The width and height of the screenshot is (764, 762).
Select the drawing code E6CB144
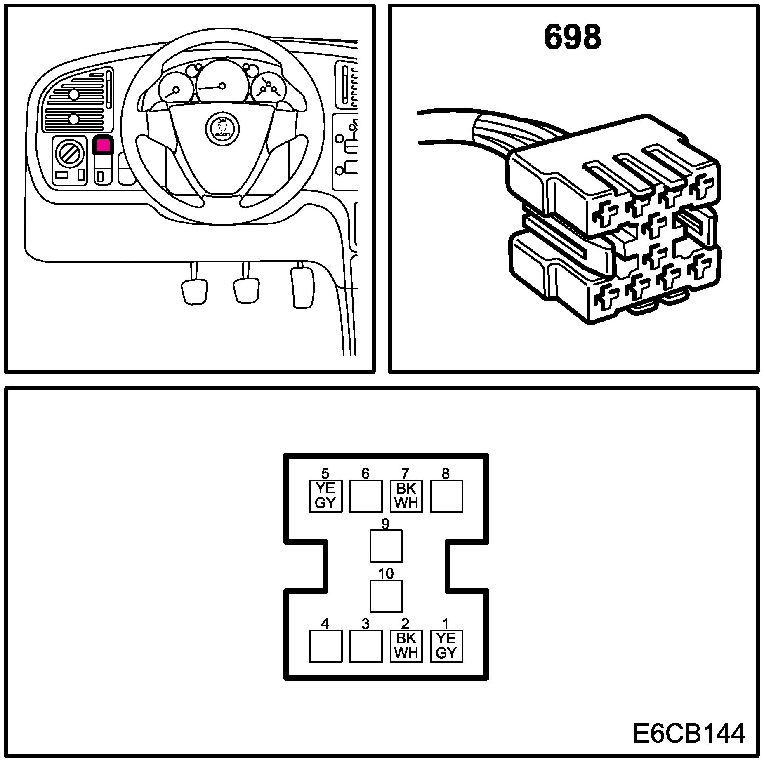(689, 734)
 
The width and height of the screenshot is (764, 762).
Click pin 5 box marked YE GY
(326, 496)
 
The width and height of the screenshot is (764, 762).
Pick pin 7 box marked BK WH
(406, 496)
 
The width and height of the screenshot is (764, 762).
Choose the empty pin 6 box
(366, 496)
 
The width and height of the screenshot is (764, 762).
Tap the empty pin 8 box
(446, 496)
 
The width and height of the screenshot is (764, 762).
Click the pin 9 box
(386, 546)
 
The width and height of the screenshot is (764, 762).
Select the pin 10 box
(386, 596)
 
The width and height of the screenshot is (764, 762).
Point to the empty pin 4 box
(326, 646)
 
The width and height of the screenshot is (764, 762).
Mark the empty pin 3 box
(366, 646)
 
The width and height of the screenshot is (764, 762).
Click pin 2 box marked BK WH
(406, 646)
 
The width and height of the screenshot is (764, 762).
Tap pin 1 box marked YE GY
(446, 646)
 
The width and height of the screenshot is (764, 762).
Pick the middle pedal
(246, 289)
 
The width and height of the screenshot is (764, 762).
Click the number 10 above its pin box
(386, 574)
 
